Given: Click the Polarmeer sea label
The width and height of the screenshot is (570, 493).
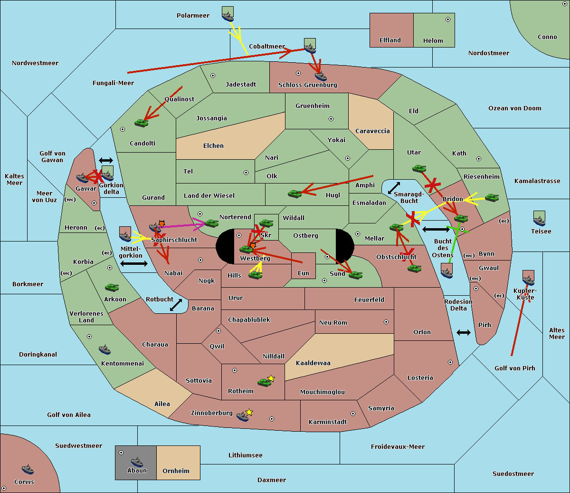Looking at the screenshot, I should point(193,16).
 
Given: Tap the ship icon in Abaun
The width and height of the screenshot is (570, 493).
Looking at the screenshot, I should point(137,462).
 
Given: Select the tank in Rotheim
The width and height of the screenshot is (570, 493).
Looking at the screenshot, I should point(264,382).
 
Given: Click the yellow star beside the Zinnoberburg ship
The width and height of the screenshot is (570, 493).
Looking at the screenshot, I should point(249,412).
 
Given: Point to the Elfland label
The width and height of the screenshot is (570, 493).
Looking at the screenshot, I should point(390,40).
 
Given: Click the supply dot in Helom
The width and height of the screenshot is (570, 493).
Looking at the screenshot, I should point(447,19).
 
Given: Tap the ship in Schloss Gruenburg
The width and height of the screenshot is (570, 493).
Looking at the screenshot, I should point(321,76).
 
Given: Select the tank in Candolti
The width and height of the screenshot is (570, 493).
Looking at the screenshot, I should point(141,123).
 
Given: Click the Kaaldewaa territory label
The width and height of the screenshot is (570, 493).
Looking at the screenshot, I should point(313,363).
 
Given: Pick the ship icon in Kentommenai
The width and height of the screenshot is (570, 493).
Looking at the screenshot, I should point(105,350).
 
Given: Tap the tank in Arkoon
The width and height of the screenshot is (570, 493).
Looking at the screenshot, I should point(112,288).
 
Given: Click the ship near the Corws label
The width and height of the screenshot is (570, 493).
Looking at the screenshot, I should point(28,469).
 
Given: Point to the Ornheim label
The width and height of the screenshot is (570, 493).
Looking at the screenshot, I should point(176,471).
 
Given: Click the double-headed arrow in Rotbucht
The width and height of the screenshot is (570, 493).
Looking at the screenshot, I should point(176,305).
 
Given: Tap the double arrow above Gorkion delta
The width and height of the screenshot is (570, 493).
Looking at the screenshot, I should point(105,161).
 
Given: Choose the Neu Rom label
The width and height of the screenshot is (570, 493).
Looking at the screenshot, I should point(333,323).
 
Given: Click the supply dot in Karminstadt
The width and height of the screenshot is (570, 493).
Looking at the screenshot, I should point(353,414).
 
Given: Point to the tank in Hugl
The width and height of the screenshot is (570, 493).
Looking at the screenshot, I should point(295,193).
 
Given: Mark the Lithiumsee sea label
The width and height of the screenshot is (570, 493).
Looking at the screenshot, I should point(245,455).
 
